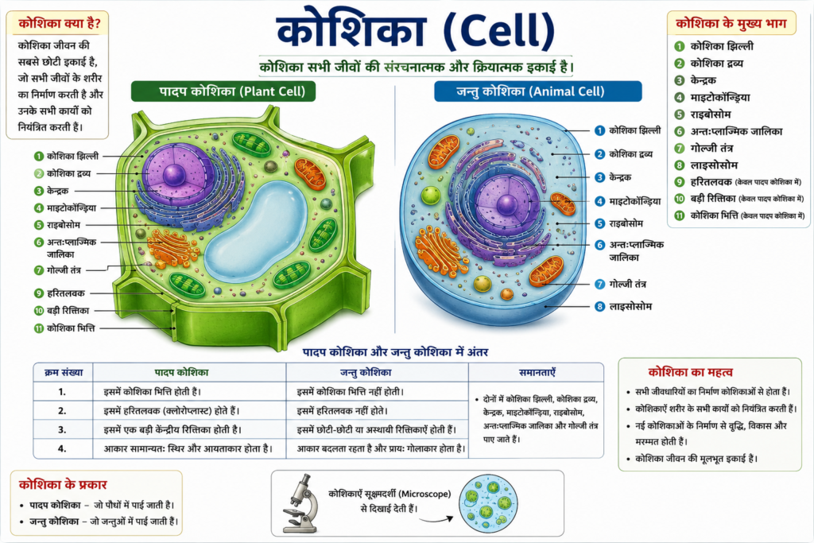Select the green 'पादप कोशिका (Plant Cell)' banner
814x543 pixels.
(x=223, y=91)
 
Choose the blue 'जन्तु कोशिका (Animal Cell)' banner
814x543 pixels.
(x=538, y=91)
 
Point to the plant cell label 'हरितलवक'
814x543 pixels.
(x=65, y=293)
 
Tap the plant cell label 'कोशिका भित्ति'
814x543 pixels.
(x=71, y=328)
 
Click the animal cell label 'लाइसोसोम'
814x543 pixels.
(x=630, y=306)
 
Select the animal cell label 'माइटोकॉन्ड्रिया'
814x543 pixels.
(x=635, y=201)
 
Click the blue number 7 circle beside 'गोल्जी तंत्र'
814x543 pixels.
(x=599, y=284)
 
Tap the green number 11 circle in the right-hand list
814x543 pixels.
(x=680, y=215)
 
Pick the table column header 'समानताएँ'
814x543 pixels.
(x=537, y=372)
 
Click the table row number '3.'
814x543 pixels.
(x=62, y=429)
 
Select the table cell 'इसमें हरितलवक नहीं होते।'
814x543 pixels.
(x=343, y=410)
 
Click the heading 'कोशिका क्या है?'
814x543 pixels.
(x=59, y=23)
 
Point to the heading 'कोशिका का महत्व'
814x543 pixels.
(x=691, y=372)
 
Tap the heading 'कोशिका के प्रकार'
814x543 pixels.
(x=63, y=485)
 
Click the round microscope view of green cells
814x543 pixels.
(x=488, y=504)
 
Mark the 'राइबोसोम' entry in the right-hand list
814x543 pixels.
(x=710, y=114)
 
